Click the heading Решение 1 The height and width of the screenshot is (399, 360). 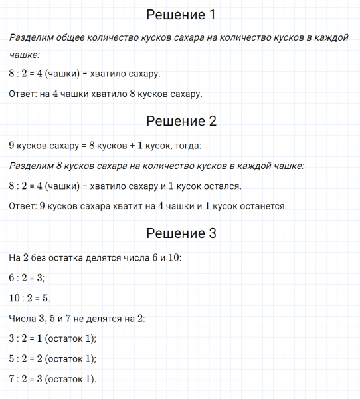click(x=181, y=15)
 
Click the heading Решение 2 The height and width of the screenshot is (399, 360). click(x=181, y=121)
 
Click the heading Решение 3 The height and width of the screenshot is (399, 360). click(x=181, y=233)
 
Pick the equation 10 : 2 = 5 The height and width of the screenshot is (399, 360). click(x=30, y=298)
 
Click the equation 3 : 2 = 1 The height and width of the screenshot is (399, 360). click(x=27, y=338)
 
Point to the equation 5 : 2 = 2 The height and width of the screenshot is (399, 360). click(x=27, y=359)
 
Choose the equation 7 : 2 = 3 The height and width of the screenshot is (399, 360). click(x=27, y=380)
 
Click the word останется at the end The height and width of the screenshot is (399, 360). click(x=262, y=206)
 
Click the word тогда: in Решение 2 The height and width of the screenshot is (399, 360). click(x=186, y=145)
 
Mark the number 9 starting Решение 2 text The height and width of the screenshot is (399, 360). click(x=12, y=145)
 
